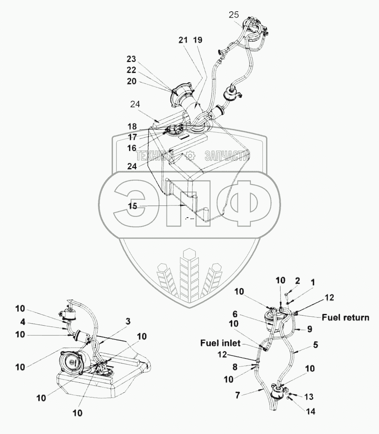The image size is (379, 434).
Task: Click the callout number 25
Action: [234, 15]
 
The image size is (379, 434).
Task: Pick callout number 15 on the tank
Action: [133, 206]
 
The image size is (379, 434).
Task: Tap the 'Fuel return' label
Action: [345, 317]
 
